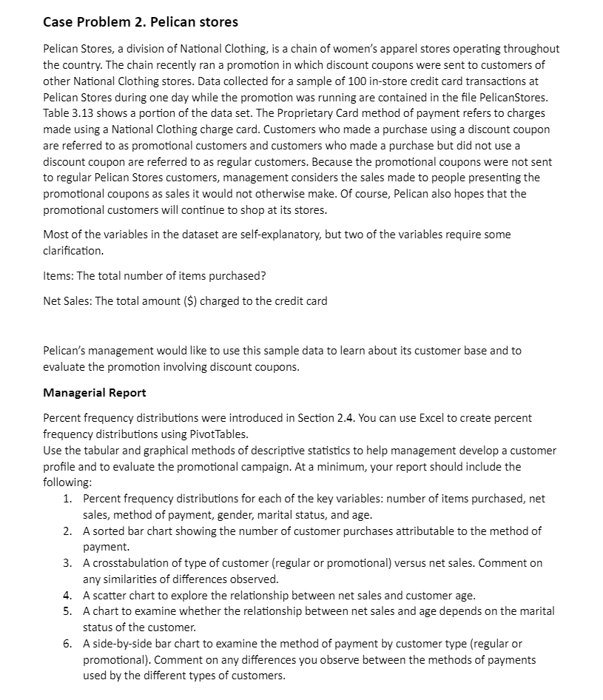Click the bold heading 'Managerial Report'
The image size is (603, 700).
(95, 392)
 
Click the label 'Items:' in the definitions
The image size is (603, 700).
(58, 276)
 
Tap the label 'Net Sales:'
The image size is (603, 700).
(68, 300)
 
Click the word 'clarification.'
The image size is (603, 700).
(73, 251)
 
